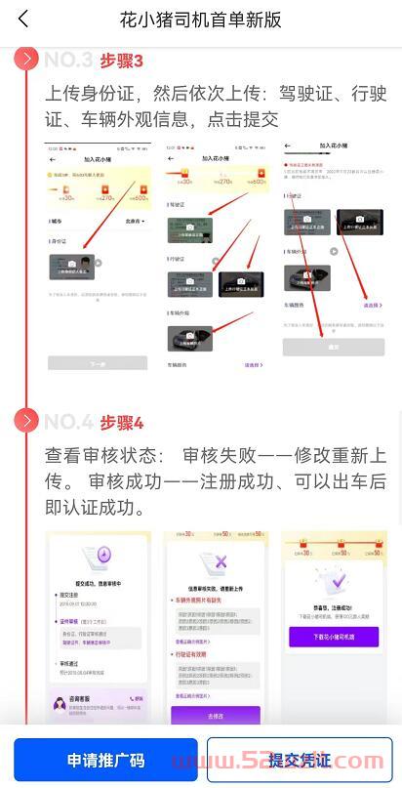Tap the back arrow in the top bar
pos(23,19)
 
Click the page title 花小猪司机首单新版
pos(200,19)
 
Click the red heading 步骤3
pos(121,61)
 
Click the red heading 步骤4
pos(121,423)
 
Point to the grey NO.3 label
pos(68,61)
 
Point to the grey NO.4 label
pos(68,423)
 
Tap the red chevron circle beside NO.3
pos(26,60)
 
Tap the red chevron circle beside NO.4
pos(26,422)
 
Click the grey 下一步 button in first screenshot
pos(98,362)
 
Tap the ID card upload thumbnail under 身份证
pos(71,267)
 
